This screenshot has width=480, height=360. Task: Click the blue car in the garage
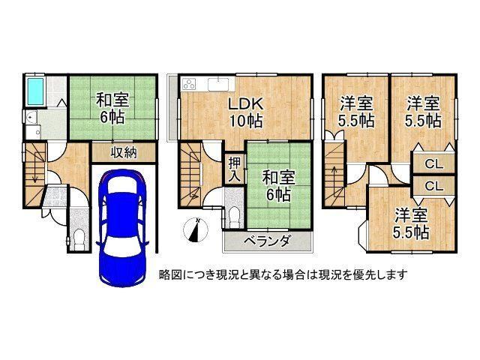pos(122,228)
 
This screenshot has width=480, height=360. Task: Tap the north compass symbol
pos(195,230)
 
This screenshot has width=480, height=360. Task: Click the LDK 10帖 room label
pos(245,112)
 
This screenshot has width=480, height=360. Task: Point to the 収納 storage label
pos(124,152)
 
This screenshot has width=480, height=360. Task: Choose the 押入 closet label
pos(235,170)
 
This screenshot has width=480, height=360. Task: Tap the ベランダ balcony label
pos(267,241)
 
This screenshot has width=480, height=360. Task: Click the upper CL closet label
pos(433,164)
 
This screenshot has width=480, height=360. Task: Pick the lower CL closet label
pos(433,186)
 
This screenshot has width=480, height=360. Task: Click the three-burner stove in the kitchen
pos(190,84)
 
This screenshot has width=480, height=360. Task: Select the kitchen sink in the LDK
pos(218,85)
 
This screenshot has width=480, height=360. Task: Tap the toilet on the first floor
pos(79,239)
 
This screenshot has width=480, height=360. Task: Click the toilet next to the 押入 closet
pos(235,217)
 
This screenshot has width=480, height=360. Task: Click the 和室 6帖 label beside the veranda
pos(278,185)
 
